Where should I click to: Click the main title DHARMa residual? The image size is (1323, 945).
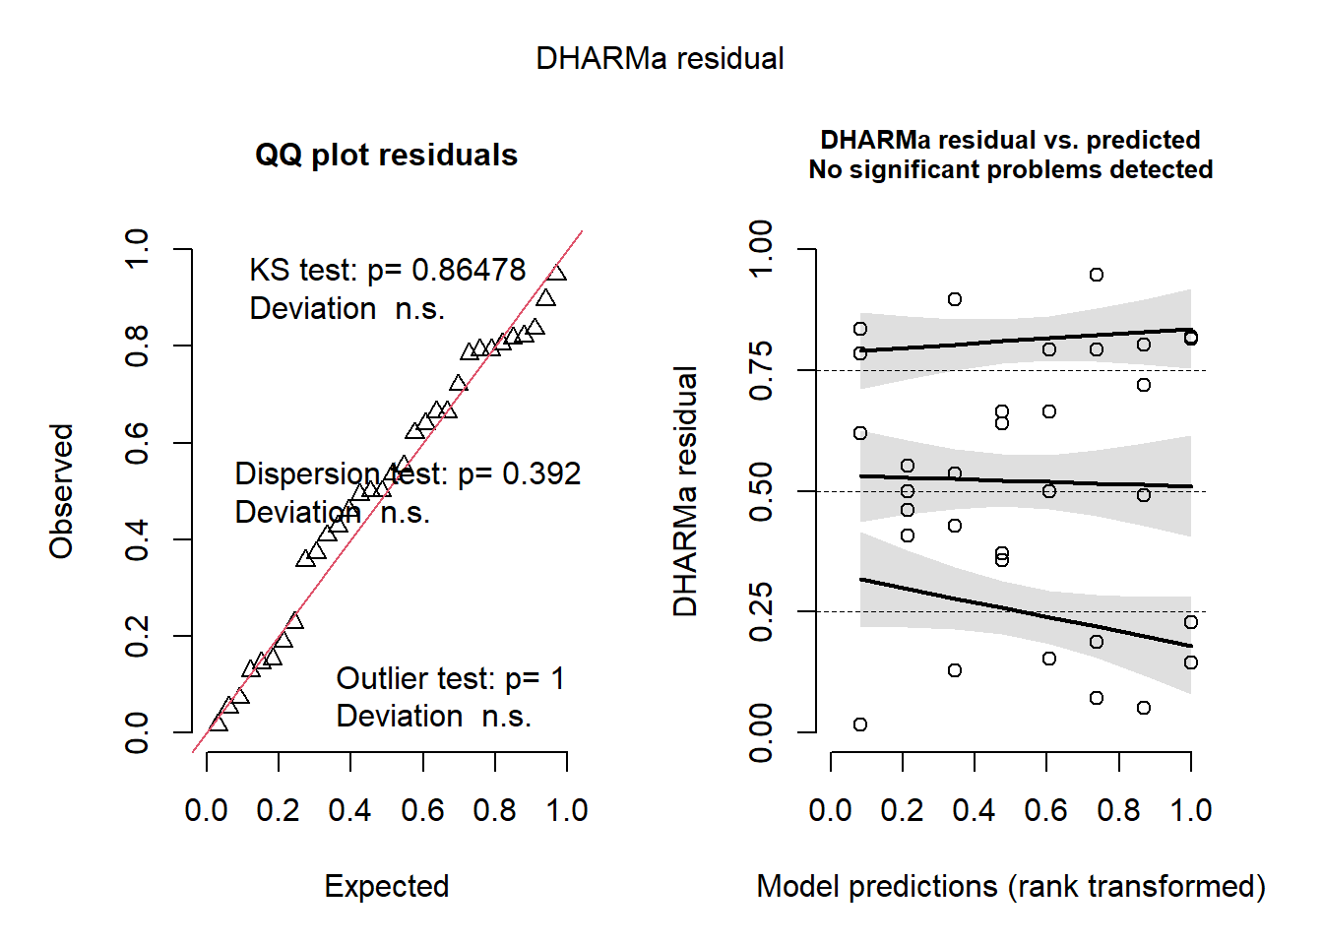click(x=660, y=59)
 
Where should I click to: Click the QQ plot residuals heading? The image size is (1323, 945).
click(x=386, y=156)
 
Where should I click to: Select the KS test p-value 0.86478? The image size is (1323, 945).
click(x=469, y=270)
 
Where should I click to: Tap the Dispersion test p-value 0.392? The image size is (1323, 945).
click(x=541, y=473)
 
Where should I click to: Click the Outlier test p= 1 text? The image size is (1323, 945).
click(x=450, y=678)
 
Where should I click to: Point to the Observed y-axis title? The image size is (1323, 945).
click(x=62, y=490)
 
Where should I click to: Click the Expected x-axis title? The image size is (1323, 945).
click(x=386, y=886)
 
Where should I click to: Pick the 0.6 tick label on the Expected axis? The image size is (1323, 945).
click(x=422, y=810)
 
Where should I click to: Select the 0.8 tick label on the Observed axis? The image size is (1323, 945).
click(x=137, y=346)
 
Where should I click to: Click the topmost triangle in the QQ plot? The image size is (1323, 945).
click(x=557, y=273)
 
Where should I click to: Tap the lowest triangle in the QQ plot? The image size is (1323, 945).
click(x=219, y=724)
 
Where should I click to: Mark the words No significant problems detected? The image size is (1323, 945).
click(x=1010, y=170)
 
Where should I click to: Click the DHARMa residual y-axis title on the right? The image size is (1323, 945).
click(x=685, y=490)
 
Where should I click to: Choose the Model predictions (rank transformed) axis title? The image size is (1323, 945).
click(x=1010, y=886)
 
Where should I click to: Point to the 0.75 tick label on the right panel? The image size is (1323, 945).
click(x=761, y=370)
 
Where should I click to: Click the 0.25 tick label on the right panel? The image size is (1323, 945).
click(x=761, y=611)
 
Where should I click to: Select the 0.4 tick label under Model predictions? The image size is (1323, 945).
click(x=974, y=810)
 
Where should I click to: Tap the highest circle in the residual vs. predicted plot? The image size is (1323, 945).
click(x=1097, y=275)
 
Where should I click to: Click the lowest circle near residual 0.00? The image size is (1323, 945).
click(x=860, y=724)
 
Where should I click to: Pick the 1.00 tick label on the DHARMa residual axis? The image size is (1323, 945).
click(x=761, y=249)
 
